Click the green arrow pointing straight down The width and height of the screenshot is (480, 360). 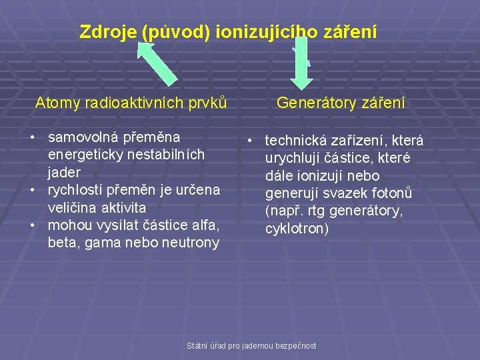pyautogui.click(x=302, y=63)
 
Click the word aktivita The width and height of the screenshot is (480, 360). pyautogui.click(x=127, y=207)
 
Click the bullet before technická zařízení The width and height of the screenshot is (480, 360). pyautogui.click(x=247, y=141)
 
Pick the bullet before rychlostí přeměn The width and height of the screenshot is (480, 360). pyautogui.click(x=32, y=190)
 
